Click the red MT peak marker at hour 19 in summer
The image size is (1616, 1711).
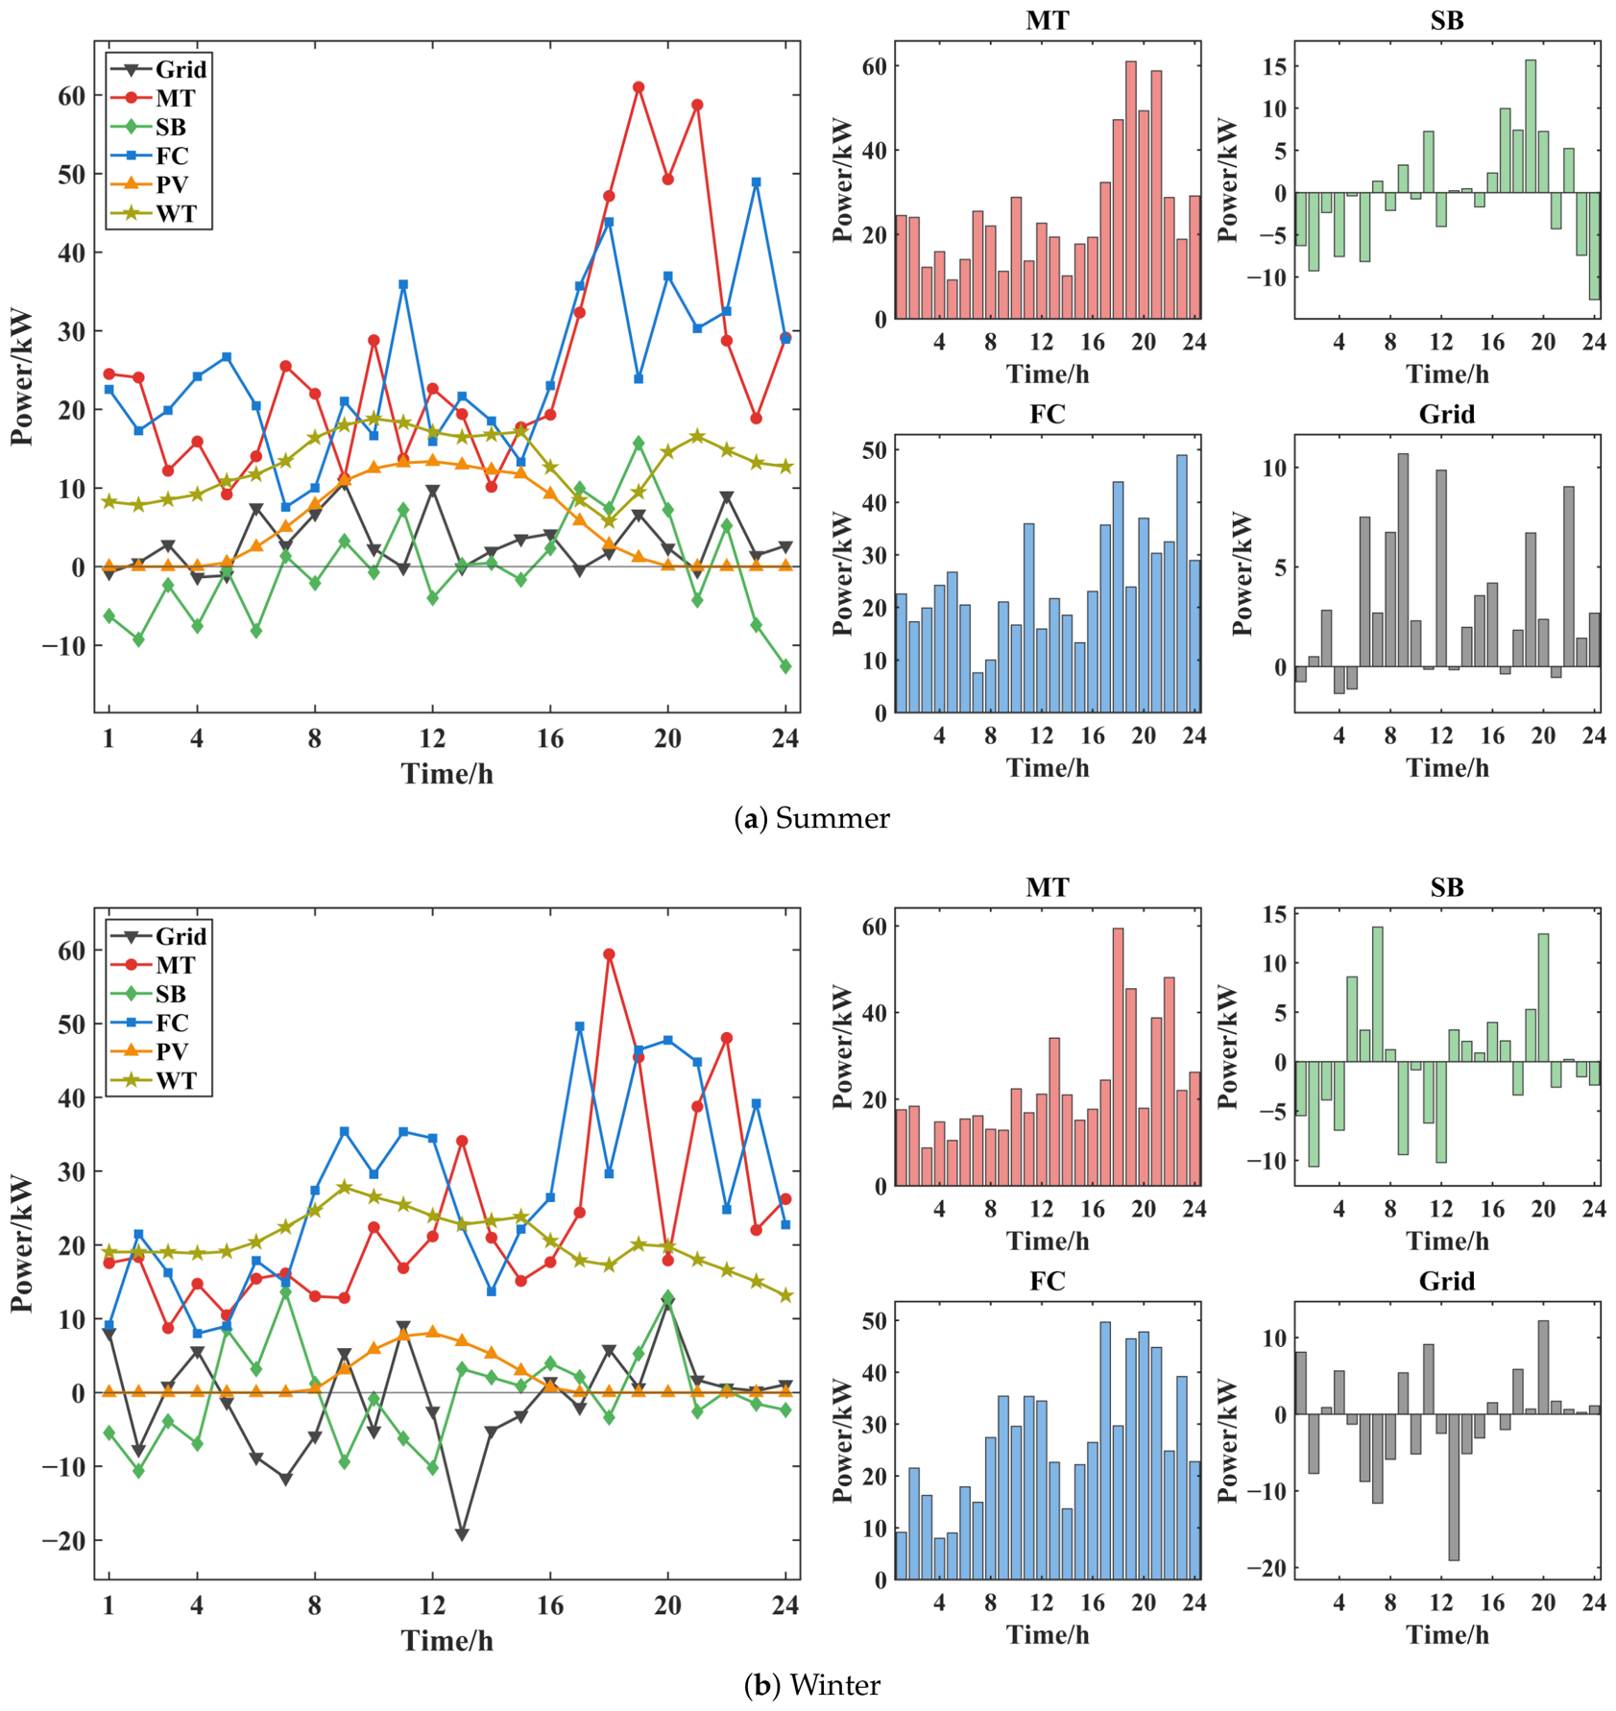tap(639, 87)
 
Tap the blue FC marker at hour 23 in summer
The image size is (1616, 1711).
tap(757, 182)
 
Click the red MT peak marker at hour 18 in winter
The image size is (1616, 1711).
tap(609, 954)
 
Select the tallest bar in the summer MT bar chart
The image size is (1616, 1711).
tap(1131, 190)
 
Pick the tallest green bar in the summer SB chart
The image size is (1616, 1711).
tap(1531, 127)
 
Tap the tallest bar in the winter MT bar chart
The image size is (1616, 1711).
tap(1118, 1057)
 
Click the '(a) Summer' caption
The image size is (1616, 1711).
tap(811, 819)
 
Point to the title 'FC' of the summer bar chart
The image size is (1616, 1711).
tap(1047, 415)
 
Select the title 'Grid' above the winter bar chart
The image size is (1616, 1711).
tap(1446, 1282)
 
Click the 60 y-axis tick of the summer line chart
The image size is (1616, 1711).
tap(71, 95)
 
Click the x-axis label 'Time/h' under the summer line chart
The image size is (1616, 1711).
tap(447, 774)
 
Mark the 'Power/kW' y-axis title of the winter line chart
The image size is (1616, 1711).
tap(23, 1244)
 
